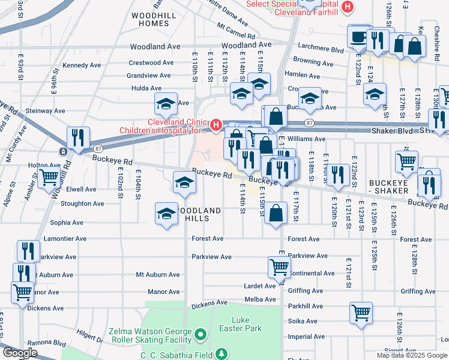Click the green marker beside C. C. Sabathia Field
tap(221, 355)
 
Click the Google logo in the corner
tap(20, 353)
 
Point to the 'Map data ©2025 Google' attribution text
tap(412, 355)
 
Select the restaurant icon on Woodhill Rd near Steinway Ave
tap(78, 137)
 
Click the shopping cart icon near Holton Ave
tap(48, 178)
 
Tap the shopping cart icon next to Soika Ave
tap(361, 312)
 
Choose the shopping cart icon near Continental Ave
tap(279, 268)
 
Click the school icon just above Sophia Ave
tap(167, 213)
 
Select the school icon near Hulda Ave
tap(166, 104)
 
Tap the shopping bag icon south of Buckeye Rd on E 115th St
tap(276, 214)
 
